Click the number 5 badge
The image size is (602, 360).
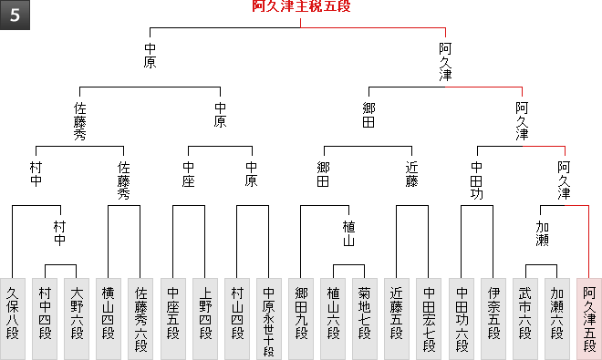15,15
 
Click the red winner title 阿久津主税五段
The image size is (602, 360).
301,6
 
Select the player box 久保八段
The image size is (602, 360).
13,319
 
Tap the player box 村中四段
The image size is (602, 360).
45,319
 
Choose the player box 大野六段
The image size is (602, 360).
77,319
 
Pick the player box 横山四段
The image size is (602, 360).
109,319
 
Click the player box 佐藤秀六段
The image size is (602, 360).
140,319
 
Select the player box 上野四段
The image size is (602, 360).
205,319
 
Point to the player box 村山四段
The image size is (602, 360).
237,319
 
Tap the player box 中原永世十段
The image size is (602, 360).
269,319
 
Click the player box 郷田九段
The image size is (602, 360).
301,319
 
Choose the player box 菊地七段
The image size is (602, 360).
365,319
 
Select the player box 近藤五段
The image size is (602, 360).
397,319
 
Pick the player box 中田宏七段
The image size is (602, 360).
429,319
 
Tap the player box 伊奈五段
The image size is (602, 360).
493,319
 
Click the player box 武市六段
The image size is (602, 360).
525,319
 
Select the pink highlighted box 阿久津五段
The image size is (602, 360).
589,319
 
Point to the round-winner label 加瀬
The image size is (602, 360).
542,233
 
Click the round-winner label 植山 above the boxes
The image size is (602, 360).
348,233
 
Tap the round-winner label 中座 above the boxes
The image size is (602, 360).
189,174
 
